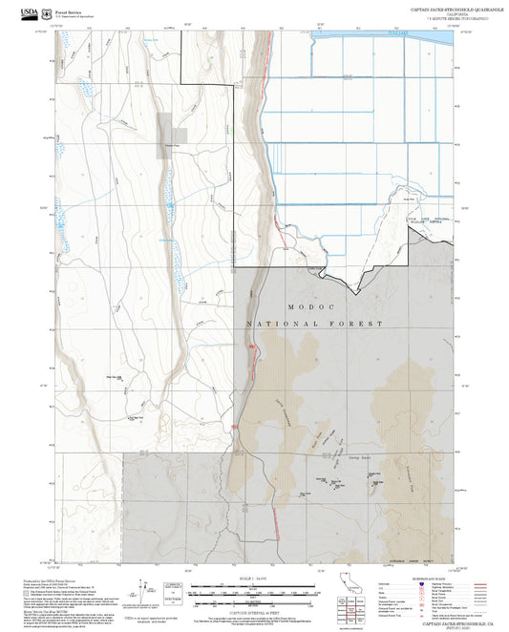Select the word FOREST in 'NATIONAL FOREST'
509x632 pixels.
[x=359, y=325]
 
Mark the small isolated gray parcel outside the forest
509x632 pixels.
[x=172, y=134]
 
